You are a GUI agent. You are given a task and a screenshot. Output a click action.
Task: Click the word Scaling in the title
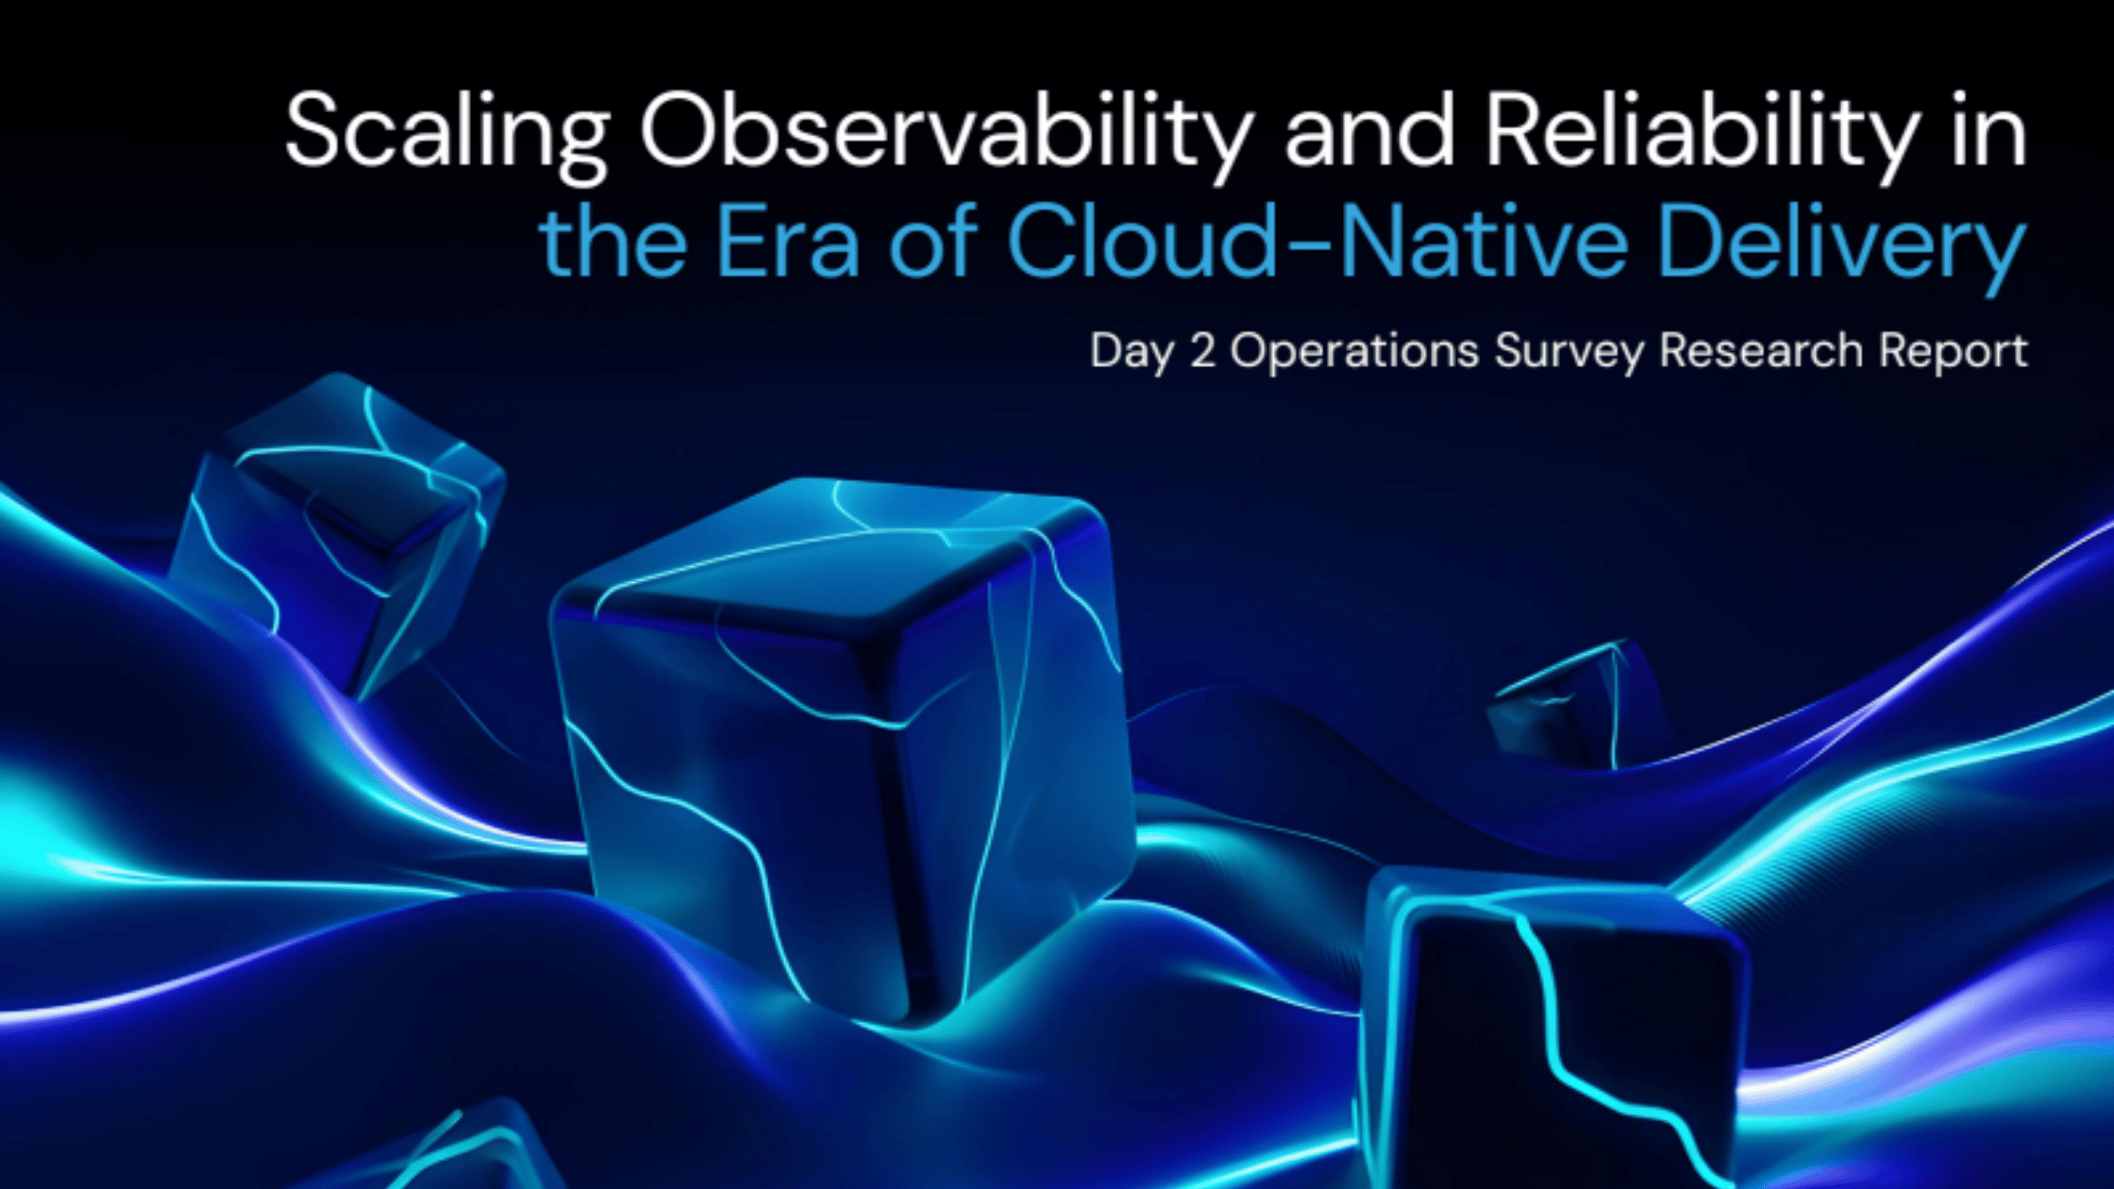pos(446,132)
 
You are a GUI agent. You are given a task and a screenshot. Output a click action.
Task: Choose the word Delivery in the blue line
pos(1840,243)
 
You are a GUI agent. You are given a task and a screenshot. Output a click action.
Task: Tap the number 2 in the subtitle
pos(1202,351)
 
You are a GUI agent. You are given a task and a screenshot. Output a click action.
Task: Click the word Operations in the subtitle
pos(1354,351)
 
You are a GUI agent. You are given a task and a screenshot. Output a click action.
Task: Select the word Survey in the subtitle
pos(1569,351)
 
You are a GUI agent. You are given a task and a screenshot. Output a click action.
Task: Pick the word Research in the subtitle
pos(1761,351)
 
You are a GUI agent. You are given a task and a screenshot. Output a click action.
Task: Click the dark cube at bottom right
pos(1548,1029)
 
